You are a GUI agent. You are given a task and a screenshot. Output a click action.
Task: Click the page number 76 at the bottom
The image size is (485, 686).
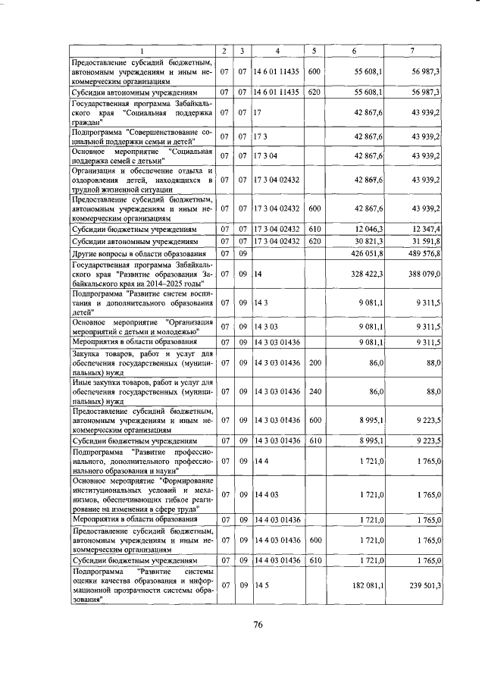click(257, 625)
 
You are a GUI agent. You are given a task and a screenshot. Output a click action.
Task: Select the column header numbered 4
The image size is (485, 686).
click(277, 51)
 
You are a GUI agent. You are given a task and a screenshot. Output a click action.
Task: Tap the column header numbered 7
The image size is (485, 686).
click(411, 51)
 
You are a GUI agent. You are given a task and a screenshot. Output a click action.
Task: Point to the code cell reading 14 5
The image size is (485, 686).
click(261, 586)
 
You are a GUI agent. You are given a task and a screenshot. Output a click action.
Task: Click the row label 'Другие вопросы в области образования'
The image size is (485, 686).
click(139, 253)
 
